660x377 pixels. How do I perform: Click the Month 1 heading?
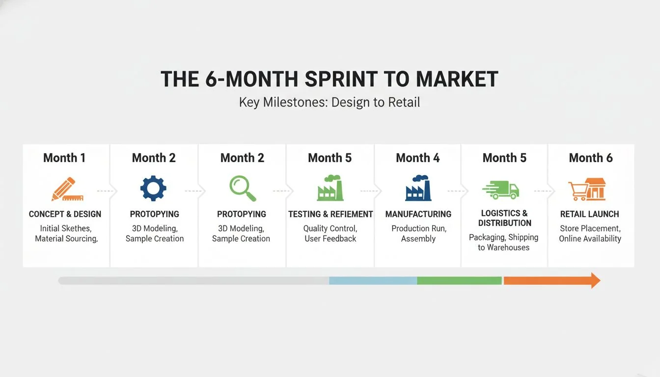coord(64,158)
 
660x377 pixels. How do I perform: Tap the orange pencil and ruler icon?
coord(67,189)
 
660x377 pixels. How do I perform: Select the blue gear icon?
coord(153,188)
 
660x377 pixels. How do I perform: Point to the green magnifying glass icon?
coord(243,188)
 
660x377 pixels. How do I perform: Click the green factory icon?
coord(330,188)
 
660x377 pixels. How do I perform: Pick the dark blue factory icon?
coord(418,188)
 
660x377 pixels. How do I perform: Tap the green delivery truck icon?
coord(500,190)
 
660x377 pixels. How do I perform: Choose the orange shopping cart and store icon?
coord(587,189)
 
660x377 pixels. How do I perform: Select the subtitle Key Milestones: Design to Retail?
coord(330,103)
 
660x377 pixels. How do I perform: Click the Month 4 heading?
coord(417,158)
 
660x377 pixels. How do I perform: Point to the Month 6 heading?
coord(591,158)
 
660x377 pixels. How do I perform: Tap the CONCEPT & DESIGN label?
coord(65,214)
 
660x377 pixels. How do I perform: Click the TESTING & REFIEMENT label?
coord(330,214)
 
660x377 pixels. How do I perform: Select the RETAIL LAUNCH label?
coord(589,214)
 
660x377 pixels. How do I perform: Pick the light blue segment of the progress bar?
coord(373,281)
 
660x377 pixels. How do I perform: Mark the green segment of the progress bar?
coord(459,281)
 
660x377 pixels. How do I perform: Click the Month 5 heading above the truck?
coord(504,158)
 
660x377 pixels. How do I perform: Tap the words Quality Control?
coord(330,228)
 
